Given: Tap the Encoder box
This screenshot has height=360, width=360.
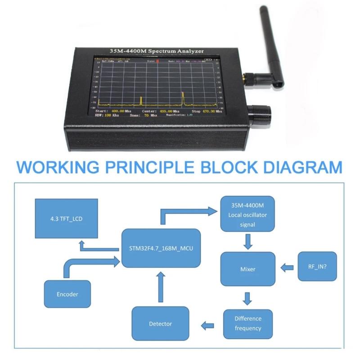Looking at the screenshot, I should point(67,294).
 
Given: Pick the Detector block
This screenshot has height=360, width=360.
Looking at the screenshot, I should point(160,324).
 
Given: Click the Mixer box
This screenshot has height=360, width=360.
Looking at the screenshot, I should point(247,269).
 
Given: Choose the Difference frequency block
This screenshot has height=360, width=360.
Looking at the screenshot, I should point(248,324).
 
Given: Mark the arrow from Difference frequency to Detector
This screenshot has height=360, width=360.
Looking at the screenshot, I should point(207,324).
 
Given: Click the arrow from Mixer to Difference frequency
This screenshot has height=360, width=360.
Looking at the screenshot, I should point(247,298).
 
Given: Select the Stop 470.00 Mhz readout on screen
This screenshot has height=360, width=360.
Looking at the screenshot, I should point(207,111).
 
